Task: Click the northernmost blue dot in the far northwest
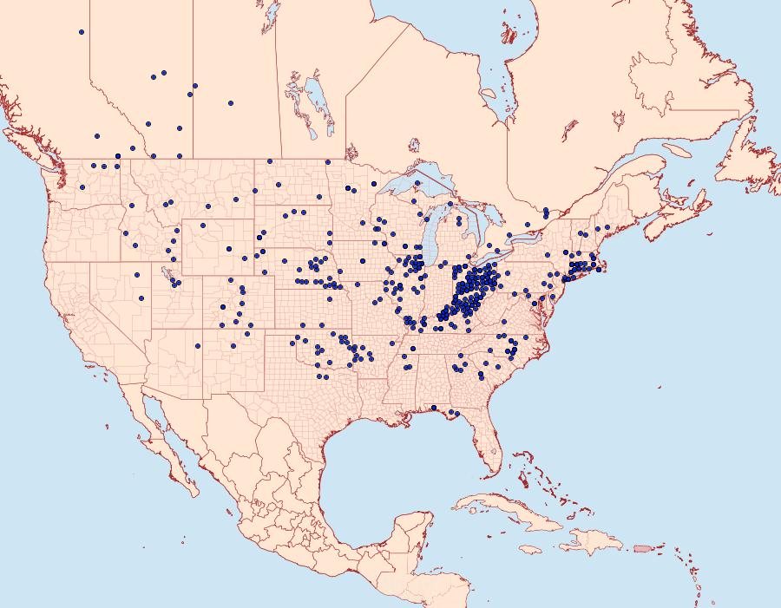(x=81, y=32)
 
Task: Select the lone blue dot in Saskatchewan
(x=230, y=103)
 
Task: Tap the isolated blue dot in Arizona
(x=198, y=346)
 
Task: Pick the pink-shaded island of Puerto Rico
(x=642, y=547)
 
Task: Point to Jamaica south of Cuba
(x=531, y=549)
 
